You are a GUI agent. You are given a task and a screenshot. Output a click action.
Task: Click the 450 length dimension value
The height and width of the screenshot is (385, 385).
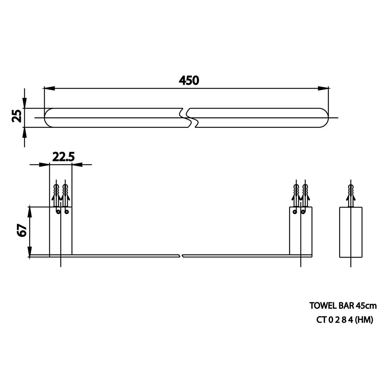click(189, 80)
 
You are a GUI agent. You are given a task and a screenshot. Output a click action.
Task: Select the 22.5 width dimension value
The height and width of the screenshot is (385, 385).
click(64, 157)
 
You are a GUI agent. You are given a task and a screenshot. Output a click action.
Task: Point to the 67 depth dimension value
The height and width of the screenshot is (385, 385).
click(22, 230)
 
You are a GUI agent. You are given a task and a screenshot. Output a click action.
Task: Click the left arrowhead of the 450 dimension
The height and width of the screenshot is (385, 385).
click(49, 89)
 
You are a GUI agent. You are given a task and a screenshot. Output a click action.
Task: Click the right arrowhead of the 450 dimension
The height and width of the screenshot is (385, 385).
click(323, 89)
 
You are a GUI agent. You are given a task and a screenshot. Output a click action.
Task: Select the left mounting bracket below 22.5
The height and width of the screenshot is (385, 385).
click(61, 231)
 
